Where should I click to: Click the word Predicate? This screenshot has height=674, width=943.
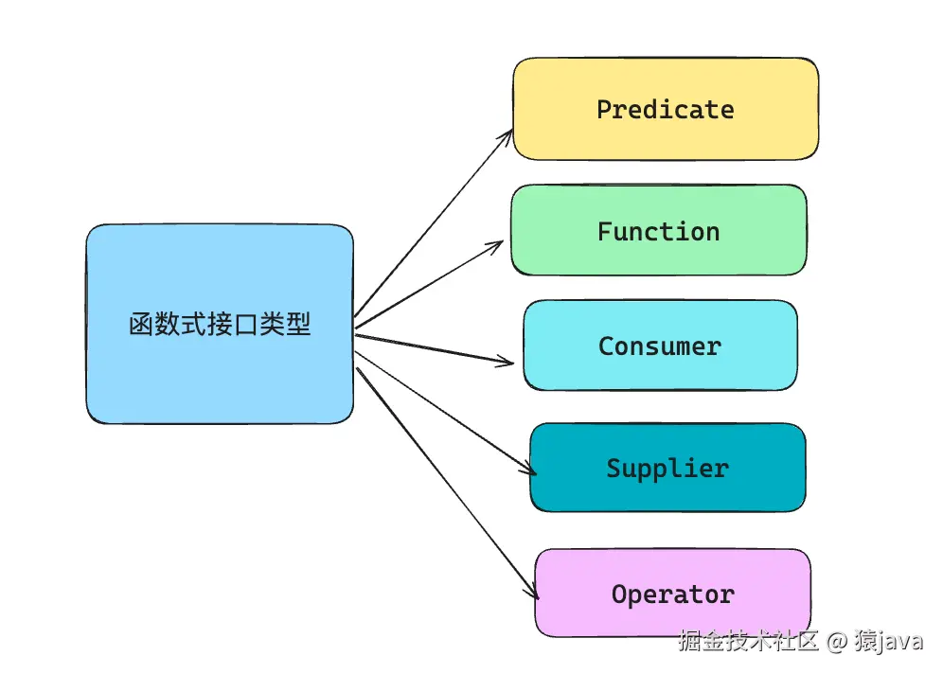[665, 110]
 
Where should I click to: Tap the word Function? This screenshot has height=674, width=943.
[658, 232]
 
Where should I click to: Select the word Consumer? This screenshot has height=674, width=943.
[659, 346]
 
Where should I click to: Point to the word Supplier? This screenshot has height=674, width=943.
[667, 469]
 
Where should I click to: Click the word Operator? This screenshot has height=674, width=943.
[672, 594]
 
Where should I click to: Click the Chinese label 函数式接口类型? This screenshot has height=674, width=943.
[220, 325]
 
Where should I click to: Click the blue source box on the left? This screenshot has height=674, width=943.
[220, 379]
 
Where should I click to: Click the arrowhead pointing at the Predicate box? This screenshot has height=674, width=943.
[508, 134]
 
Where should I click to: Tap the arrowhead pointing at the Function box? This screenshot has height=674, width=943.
[499, 243]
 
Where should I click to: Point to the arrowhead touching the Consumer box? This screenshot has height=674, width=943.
[510, 362]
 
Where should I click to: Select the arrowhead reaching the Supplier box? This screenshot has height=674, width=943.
[531, 470]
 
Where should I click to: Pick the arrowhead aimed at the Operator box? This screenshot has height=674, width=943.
[534, 594]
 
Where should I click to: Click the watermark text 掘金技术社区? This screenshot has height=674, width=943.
[747, 641]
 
